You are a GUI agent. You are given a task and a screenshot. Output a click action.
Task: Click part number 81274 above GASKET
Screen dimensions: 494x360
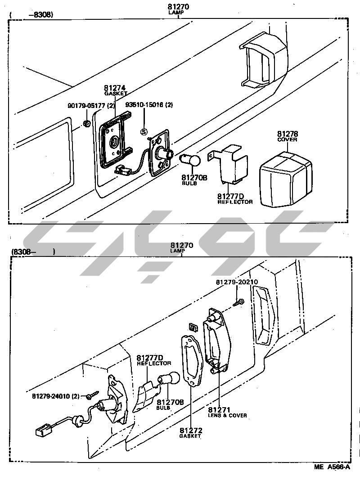coord(114,88)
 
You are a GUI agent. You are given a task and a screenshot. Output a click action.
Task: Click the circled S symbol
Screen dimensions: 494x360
coord(144,132)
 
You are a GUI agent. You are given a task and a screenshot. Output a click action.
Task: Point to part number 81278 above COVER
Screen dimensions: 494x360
coord(287,134)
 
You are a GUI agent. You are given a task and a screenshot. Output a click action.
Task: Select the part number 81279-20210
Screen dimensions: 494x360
coord(236,282)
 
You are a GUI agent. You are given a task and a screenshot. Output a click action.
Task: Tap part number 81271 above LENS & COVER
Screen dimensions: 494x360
coord(219,410)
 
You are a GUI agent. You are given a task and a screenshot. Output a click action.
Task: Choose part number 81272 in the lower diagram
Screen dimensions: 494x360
coord(190,431)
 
